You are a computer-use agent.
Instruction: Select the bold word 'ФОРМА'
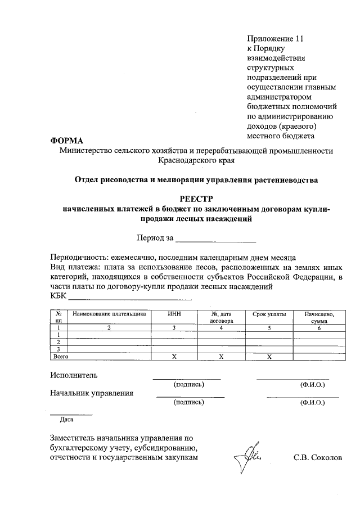[x=66, y=140]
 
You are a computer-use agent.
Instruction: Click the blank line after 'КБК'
[x=130, y=296]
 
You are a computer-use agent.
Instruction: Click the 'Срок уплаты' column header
[x=269, y=314]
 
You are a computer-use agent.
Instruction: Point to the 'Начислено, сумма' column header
[x=319, y=317]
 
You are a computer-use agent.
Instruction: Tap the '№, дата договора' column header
[x=222, y=317]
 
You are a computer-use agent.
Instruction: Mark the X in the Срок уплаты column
[x=269, y=357]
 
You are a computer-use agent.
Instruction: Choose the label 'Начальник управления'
[x=91, y=393]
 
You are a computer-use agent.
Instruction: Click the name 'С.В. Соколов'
[x=317, y=458]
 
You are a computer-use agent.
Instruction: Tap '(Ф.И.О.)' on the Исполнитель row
[x=313, y=385]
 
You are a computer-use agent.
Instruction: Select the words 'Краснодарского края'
[x=196, y=160]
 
